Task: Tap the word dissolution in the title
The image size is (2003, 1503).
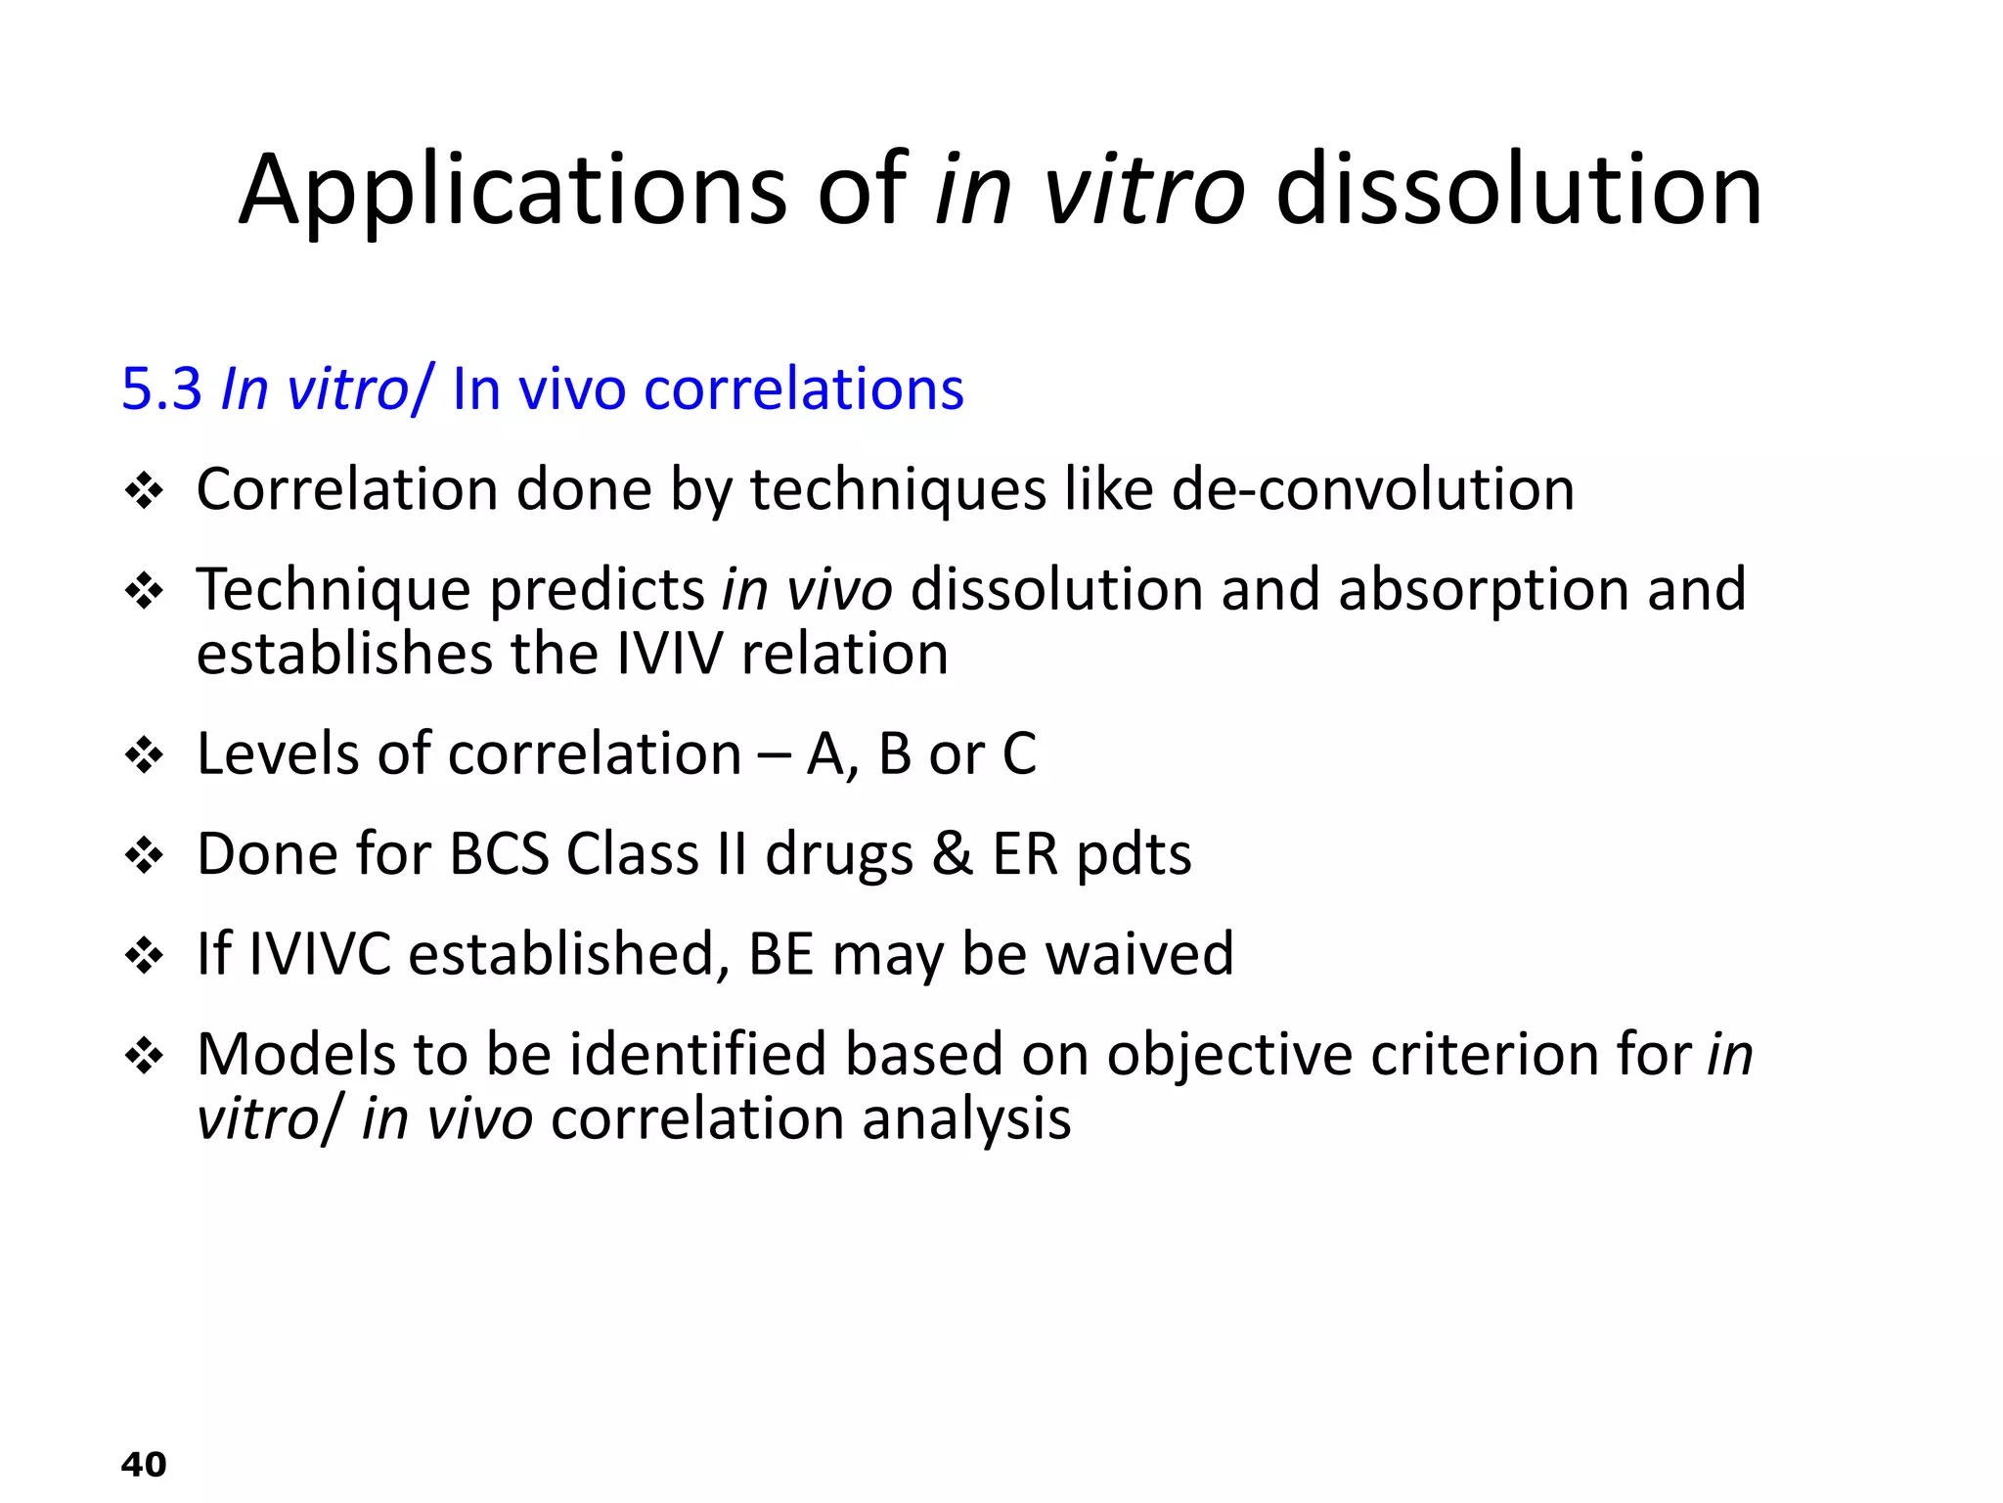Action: click(1518, 191)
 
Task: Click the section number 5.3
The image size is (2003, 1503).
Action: click(161, 388)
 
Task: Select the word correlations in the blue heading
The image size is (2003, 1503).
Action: click(804, 388)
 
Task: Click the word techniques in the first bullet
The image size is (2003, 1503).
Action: click(898, 490)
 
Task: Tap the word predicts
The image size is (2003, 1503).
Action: click(597, 590)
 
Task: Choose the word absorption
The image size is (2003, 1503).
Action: click(1483, 590)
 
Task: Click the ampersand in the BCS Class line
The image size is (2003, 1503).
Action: click(952, 853)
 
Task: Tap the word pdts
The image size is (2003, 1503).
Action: click(1134, 855)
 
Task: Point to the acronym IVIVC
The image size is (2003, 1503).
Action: click(320, 954)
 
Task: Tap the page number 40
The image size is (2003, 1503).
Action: click(144, 1465)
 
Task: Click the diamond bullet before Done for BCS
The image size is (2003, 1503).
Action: click(145, 855)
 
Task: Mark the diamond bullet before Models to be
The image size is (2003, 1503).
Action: click(145, 1056)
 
